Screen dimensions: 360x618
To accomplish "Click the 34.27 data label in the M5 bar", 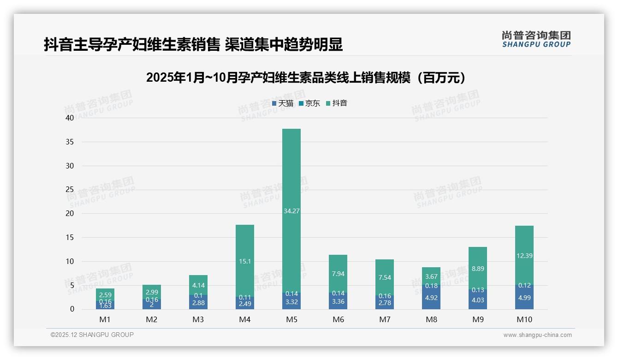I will coord(291,211).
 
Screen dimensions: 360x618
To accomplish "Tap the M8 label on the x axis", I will coord(431,319).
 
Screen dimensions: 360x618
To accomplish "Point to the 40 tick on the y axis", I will coord(70,118).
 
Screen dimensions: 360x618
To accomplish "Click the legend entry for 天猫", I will coord(283,103).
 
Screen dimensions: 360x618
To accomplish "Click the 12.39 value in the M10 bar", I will coord(524,256).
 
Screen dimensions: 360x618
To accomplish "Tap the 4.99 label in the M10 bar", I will coord(524,298).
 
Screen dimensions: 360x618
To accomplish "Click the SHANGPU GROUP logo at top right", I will coord(536,39).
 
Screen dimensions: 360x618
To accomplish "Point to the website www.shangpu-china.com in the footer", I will coord(537,335).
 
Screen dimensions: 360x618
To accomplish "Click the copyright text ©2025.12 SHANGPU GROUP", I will coord(92,335).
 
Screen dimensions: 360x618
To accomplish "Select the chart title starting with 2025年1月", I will coord(308,78).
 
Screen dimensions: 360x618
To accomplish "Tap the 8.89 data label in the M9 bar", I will coord(478,269).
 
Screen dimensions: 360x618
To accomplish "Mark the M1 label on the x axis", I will coord(105,319).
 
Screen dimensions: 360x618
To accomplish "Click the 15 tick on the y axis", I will coord(70,237).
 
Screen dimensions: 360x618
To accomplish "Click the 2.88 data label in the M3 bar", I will coord(198,302).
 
